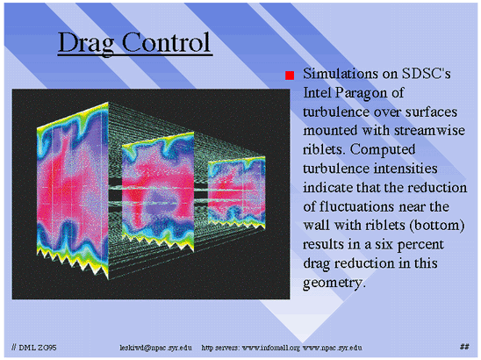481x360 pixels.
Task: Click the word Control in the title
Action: pos(166,42)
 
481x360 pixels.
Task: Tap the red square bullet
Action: pos(290,76)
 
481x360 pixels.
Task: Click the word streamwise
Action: pos(429,131)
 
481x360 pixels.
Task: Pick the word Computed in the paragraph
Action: pos(383,150)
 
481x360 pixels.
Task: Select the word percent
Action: pos(420,245)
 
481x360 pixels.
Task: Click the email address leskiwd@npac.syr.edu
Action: pos(156,348)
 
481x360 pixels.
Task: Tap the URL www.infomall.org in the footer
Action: pos(271,348)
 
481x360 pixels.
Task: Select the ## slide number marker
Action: pos(464,347)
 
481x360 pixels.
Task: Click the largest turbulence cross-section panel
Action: pos(73,191)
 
